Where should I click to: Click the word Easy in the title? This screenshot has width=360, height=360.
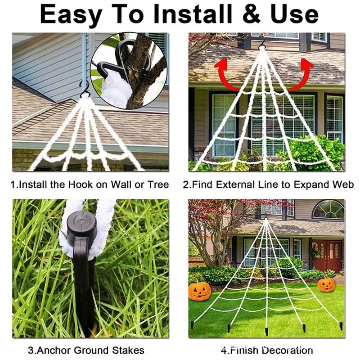point(70,14)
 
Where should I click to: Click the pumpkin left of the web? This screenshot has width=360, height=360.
point(199,291)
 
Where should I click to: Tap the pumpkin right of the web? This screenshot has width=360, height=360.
point(326,284)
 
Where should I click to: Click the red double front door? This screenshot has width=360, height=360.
point(327,256)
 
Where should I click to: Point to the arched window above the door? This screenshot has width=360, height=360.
point(328,210)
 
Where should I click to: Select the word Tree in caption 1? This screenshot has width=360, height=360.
point(158,184)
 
